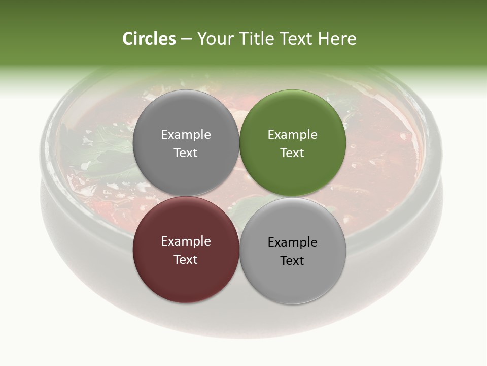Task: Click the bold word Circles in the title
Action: pyautogui.click(x=149, y=39)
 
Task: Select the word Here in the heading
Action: pyautogui.click(x=337, y=39)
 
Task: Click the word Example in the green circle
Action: pyautogui.click(x=293, y=134)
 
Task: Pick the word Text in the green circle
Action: pyautogui.click(x=293, y=152)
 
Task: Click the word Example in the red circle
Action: pyautogui.click(x=186, y=241)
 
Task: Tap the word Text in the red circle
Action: pyautogui.click(x=186, y=259)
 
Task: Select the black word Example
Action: pyautogui.click(x=293, y=242)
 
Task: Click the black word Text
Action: pyautogui.click(x=293, y=260)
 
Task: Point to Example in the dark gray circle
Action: pyautogui.click(x=186, y=134)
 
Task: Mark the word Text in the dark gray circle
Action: pyautogui.click(x=186, y=152)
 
